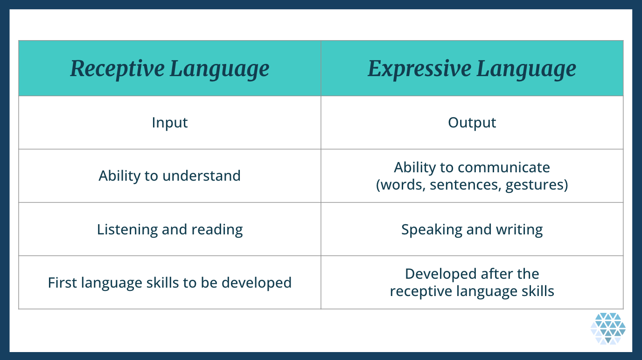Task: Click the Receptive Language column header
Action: coord(170,69)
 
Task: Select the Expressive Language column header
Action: coord(472,69)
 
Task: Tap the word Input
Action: coord(170,122)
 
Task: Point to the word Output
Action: coord(472,122)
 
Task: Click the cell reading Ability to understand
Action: coord(170,176)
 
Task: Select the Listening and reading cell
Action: coord(170,229)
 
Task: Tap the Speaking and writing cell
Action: coord(472,229)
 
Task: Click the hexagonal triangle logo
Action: coord(608,329)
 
